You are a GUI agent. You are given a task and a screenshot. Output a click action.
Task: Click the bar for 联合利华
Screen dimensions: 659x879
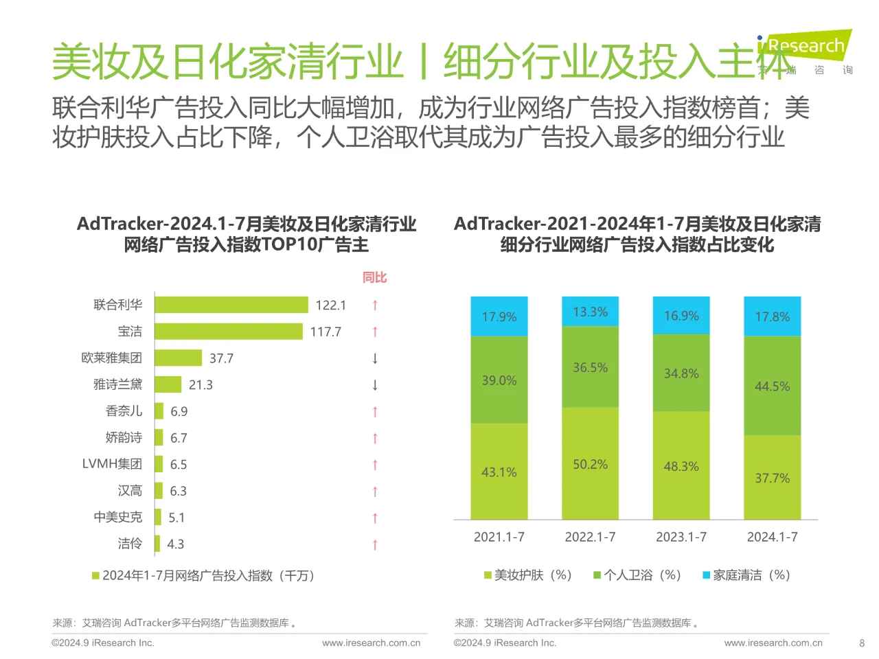(231, 305)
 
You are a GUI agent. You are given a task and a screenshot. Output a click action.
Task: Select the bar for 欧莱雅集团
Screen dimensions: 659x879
(178, 358)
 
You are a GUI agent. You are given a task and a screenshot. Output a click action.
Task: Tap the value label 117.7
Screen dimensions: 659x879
(326, 332)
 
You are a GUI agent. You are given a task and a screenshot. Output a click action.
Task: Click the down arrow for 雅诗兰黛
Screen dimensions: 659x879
(375, 384)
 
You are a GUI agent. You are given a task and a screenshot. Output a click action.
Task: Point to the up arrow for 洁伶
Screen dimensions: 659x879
(375, 544)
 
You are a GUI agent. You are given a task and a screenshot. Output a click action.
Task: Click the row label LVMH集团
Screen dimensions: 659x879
(112, 464)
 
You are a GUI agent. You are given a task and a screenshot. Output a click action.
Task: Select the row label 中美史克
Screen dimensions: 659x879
(118, 517)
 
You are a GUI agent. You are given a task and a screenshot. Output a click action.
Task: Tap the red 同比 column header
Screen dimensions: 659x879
(375, 277)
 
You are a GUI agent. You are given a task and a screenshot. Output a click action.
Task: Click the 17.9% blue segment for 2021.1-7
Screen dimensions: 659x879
(499, 316)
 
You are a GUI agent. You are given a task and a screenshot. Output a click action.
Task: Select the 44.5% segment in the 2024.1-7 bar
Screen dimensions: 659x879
(773, 386)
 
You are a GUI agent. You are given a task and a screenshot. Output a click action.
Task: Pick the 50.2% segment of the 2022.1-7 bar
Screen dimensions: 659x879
(591, 464)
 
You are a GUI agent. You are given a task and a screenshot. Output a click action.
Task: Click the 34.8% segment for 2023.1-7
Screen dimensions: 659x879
(681, 373)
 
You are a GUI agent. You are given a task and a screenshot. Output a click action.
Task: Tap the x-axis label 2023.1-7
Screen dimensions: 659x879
(681, 537)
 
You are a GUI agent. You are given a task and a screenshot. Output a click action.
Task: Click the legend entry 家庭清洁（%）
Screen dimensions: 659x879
(746, 575)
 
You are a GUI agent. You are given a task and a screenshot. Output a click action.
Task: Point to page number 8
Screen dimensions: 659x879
(862, 643)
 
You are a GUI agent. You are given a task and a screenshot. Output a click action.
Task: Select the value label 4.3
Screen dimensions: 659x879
(176, 544)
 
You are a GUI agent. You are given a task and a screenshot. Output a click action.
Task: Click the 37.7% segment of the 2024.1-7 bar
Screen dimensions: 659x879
(773, 478)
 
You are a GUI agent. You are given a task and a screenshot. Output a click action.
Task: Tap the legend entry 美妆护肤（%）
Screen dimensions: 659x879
(528, 575)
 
